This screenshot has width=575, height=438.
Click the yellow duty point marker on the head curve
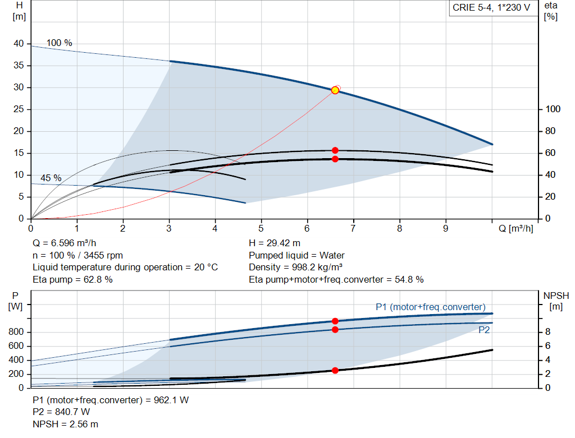pos(335,90)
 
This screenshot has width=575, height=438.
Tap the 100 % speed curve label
pos(59,43)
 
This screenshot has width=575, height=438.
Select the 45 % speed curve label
pos(51,178)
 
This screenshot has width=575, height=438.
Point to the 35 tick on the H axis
pos(19,65)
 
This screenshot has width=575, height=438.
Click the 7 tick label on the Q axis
pos(353,228)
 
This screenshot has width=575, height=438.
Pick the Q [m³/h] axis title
pos(515,228)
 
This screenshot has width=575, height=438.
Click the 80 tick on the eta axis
pos(550,131)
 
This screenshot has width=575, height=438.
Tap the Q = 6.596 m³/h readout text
pos(64,243)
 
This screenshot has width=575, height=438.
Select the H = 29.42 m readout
pos(274,243)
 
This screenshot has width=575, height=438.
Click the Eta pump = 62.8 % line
pos(72,279)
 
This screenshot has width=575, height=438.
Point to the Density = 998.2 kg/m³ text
pos(295,268)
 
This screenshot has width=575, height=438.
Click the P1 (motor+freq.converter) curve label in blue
pos(431,307)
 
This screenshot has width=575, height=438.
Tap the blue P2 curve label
pos(484,330)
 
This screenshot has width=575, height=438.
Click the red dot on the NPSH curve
pos(335,370)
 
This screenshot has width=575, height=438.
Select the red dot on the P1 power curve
pos(335,321)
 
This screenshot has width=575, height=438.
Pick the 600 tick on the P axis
pos(16,345)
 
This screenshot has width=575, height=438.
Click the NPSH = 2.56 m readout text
pos(65,424)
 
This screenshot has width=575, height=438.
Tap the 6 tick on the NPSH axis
pos(547,345)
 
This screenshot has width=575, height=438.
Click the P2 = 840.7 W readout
pos(61,412)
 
